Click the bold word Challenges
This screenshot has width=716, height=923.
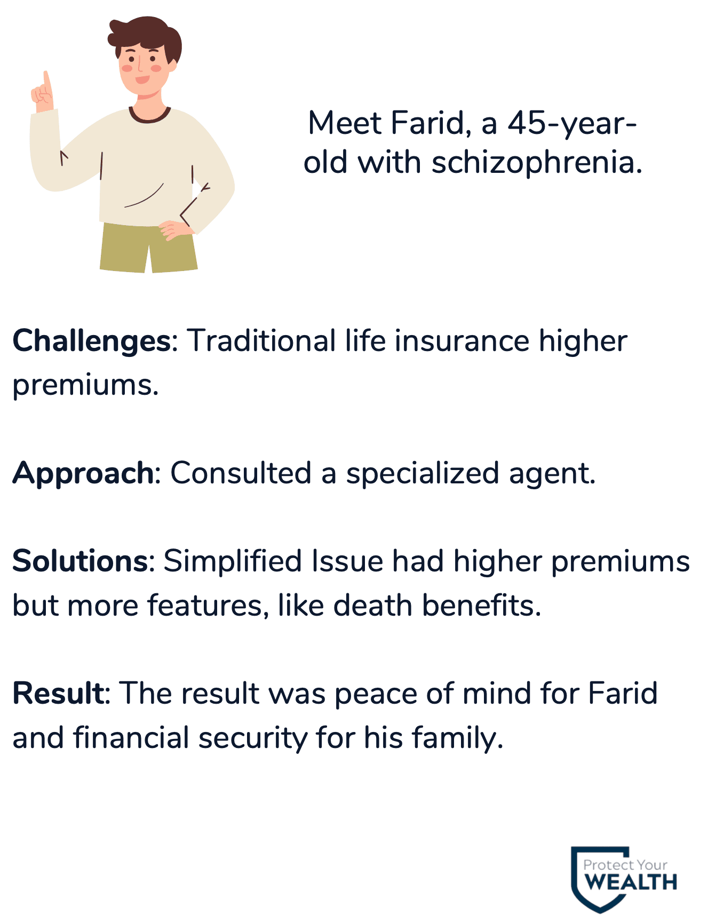[x=91, y=342]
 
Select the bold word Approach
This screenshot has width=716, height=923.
[x=83, y=474]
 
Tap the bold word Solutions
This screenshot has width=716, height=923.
[x=80, y=561]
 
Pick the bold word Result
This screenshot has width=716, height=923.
[x=59, y=694]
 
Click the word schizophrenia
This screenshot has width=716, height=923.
[x=537, y=163]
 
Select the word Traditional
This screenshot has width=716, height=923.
[x=261, y=341]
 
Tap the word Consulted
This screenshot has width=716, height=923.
[x=241, y=473]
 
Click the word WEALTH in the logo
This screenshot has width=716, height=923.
[x=631, y=883]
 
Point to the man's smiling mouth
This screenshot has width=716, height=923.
[x=142, y=79]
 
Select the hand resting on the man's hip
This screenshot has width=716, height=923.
[x=176, y=230]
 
